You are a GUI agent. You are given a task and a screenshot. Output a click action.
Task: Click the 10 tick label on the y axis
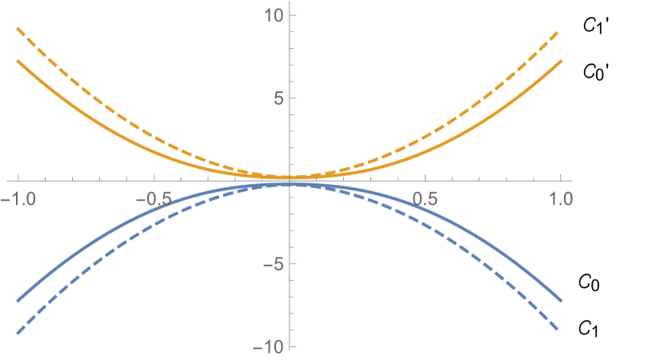point(272,15)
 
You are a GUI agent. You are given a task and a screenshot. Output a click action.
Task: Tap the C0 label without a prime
point(588,282)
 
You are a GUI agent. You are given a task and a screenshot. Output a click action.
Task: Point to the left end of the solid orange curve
point(18,61)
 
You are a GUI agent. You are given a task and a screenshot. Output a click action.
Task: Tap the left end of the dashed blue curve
point(18,333)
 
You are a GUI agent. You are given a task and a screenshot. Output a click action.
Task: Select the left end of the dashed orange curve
point(18,30)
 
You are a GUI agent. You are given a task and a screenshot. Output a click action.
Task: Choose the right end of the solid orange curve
point(562,61)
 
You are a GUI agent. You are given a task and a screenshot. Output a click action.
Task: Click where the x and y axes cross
point(290,182)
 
